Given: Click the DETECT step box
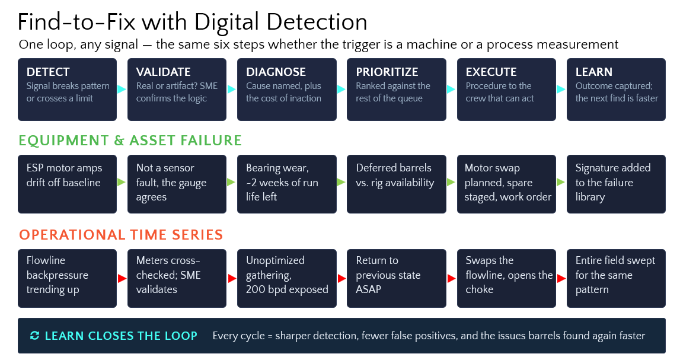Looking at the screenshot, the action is pyautogui.click(x=67, y=90).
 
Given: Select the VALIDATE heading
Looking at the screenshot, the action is pyautogui.click(x=163, y=72).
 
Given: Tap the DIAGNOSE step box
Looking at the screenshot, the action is pyautogui.click(x=287, y=90).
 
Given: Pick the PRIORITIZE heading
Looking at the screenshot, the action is pyautogui.click(x=387, y=72).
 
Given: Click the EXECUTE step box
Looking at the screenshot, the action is pyautogui.click(x=506, y=90).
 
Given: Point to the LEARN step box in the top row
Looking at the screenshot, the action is pyautogui.click(x=616, y=90).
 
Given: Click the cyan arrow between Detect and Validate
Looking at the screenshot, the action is pyautogui.click(x=122, y=90).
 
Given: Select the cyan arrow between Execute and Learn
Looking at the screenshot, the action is pyautogui.click(x=561, y=90).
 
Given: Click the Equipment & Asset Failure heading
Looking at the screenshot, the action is pyautogui.click(x=130, y=141).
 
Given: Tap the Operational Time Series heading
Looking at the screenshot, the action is pyautogui.click(x=121, y=235).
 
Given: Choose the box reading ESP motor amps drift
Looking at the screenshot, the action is pyautogui.click(x=67, y=184).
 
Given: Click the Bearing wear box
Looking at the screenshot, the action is pyautogui.click(x=287, y=184).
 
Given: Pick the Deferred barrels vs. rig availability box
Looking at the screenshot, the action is pyautogui.click(x=397, y=184).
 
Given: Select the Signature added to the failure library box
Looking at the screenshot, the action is pyautogui.click(x=616, y=184).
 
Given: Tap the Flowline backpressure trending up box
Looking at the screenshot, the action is pyautogui.click(x=67, y=279).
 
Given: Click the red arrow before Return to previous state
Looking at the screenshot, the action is pyautogui.click(x=341, y=279).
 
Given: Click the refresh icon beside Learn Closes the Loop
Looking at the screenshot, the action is pyautogui.click(x=35, y=336).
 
